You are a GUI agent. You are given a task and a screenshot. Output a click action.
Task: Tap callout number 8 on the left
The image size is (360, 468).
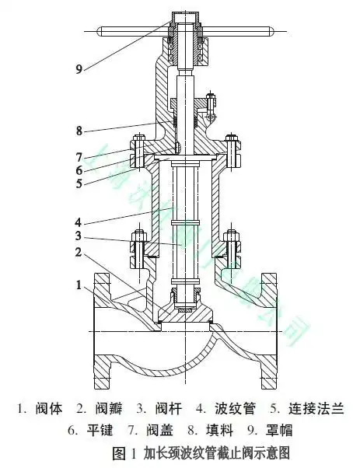coord(79,130)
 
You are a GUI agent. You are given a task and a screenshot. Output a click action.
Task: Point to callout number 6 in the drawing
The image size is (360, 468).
coord(79,170)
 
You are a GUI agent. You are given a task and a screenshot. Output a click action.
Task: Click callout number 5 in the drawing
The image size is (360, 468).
coord(79,184)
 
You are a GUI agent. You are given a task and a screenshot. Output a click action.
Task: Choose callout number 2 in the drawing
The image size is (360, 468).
coord(79,252)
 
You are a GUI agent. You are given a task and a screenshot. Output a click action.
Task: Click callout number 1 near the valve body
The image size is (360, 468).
coord(79,286)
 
